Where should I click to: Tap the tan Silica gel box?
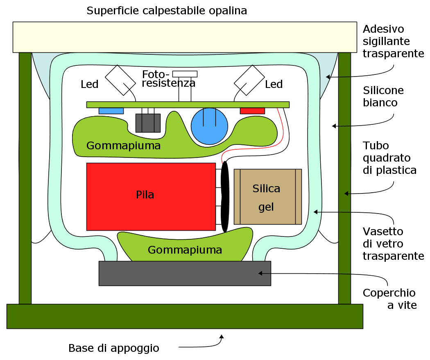(x=267, y=197)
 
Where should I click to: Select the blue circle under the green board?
(x=209, y=126)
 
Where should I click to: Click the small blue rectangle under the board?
(x=111, y=111)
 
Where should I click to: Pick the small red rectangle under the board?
(x=252, y=111)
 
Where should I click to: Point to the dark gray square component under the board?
(x=148, y=123)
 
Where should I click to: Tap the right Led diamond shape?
(x=249, y=80)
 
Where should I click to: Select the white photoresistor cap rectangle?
(x=185, y=74)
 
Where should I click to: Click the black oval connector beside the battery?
(x=224, y=197)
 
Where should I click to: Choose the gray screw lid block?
(x=185, y=273)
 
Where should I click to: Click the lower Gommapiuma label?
(x=185, y=250)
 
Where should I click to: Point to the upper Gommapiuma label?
(x=123, y=146)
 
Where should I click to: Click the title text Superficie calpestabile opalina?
(x=167, y=11)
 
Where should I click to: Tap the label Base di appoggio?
(x=113, y=349)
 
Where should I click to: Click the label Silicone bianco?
(x=383, y=96)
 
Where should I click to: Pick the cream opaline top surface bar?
(x=185, y=37)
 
